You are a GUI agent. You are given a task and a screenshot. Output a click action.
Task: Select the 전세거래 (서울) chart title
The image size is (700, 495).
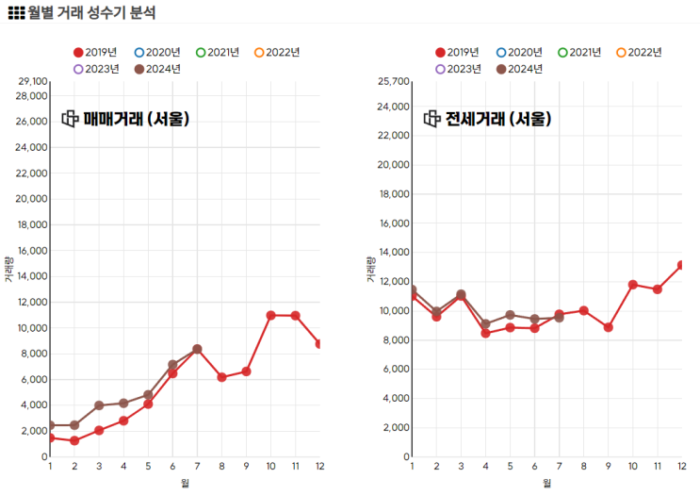[498, 119]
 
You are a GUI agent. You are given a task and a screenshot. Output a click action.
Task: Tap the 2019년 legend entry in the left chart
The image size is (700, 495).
[93, 52]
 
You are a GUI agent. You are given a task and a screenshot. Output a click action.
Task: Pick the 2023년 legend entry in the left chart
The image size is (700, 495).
[93, 69]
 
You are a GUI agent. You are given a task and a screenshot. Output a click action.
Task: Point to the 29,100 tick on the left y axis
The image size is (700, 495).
[32, 83]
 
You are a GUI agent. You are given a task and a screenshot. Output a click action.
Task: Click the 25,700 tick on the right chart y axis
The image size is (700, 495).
[394, 83]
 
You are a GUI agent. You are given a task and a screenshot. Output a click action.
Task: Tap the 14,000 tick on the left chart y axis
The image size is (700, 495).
[32, 276]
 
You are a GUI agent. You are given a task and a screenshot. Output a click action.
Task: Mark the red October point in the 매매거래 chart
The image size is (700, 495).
[270, 315]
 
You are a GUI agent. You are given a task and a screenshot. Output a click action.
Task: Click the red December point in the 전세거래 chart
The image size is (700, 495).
[696, 265]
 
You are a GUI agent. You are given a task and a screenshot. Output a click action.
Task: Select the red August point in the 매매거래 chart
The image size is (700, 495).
[221, 377]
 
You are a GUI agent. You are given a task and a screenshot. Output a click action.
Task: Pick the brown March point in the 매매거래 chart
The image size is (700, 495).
[99, 405]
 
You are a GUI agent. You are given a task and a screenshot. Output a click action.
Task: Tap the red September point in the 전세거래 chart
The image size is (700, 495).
[609, 327]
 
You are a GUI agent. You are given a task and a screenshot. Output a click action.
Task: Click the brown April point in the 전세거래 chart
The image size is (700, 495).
[486, 324]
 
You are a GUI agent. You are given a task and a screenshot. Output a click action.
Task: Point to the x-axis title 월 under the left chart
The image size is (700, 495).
[185, 484]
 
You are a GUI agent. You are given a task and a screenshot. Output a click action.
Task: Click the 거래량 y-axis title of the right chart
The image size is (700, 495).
[370, 270]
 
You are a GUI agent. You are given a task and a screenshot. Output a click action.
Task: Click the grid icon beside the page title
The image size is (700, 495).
[16, 13]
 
